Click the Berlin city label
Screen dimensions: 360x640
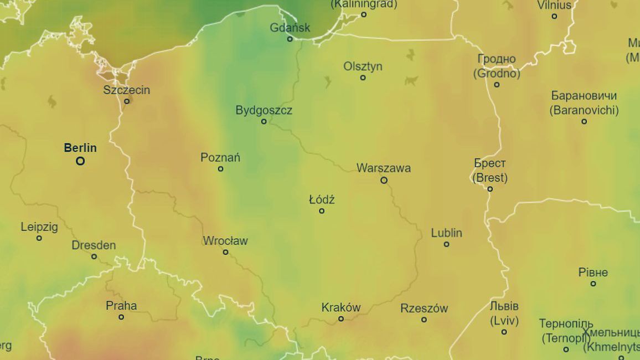pyautogui.click(x=80, y=148)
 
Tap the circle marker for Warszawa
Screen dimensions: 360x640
pyautogui.click(x=384, y=180)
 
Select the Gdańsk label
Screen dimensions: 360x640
pyautogui.click(x=290, y=27)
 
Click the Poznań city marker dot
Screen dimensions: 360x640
pyautogui.click(x=220, y=169)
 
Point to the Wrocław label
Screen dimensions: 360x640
pyautogui.click(x=225, y=241)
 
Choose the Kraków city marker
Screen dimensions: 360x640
pyautogui.click(x=341, y=318)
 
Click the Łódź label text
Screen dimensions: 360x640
pyautogui.click(x=322, y=199)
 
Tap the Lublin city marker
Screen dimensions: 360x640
pyautogui.click(x=446, y=244)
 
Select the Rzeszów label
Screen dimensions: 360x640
pyautogui.click(x=424, y=308)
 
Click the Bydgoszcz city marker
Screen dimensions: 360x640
pyautogui.click(x=264, y=121)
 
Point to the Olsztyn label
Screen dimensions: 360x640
pyautogui.click(x=363, y=66)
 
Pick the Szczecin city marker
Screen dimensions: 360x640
pyautogui.click(x=127, y=101)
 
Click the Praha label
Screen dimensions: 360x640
pyautogui.click(x=121, y=306)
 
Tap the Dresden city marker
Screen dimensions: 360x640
pyautogui.click(x=94, y=256)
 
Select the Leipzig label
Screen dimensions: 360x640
pyautogui.click(x=39, y=227)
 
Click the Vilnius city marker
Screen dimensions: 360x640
pyautogui.click(x=554, y=17)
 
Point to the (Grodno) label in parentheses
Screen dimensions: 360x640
pyautogui.click(x=497, y=73)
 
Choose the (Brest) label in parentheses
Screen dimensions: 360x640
pyautogui.click(x=489, y=178)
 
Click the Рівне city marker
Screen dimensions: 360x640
pyautogui.click(x=593, y=284)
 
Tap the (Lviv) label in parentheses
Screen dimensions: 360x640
pyautogui.click(x=504, y=320)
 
